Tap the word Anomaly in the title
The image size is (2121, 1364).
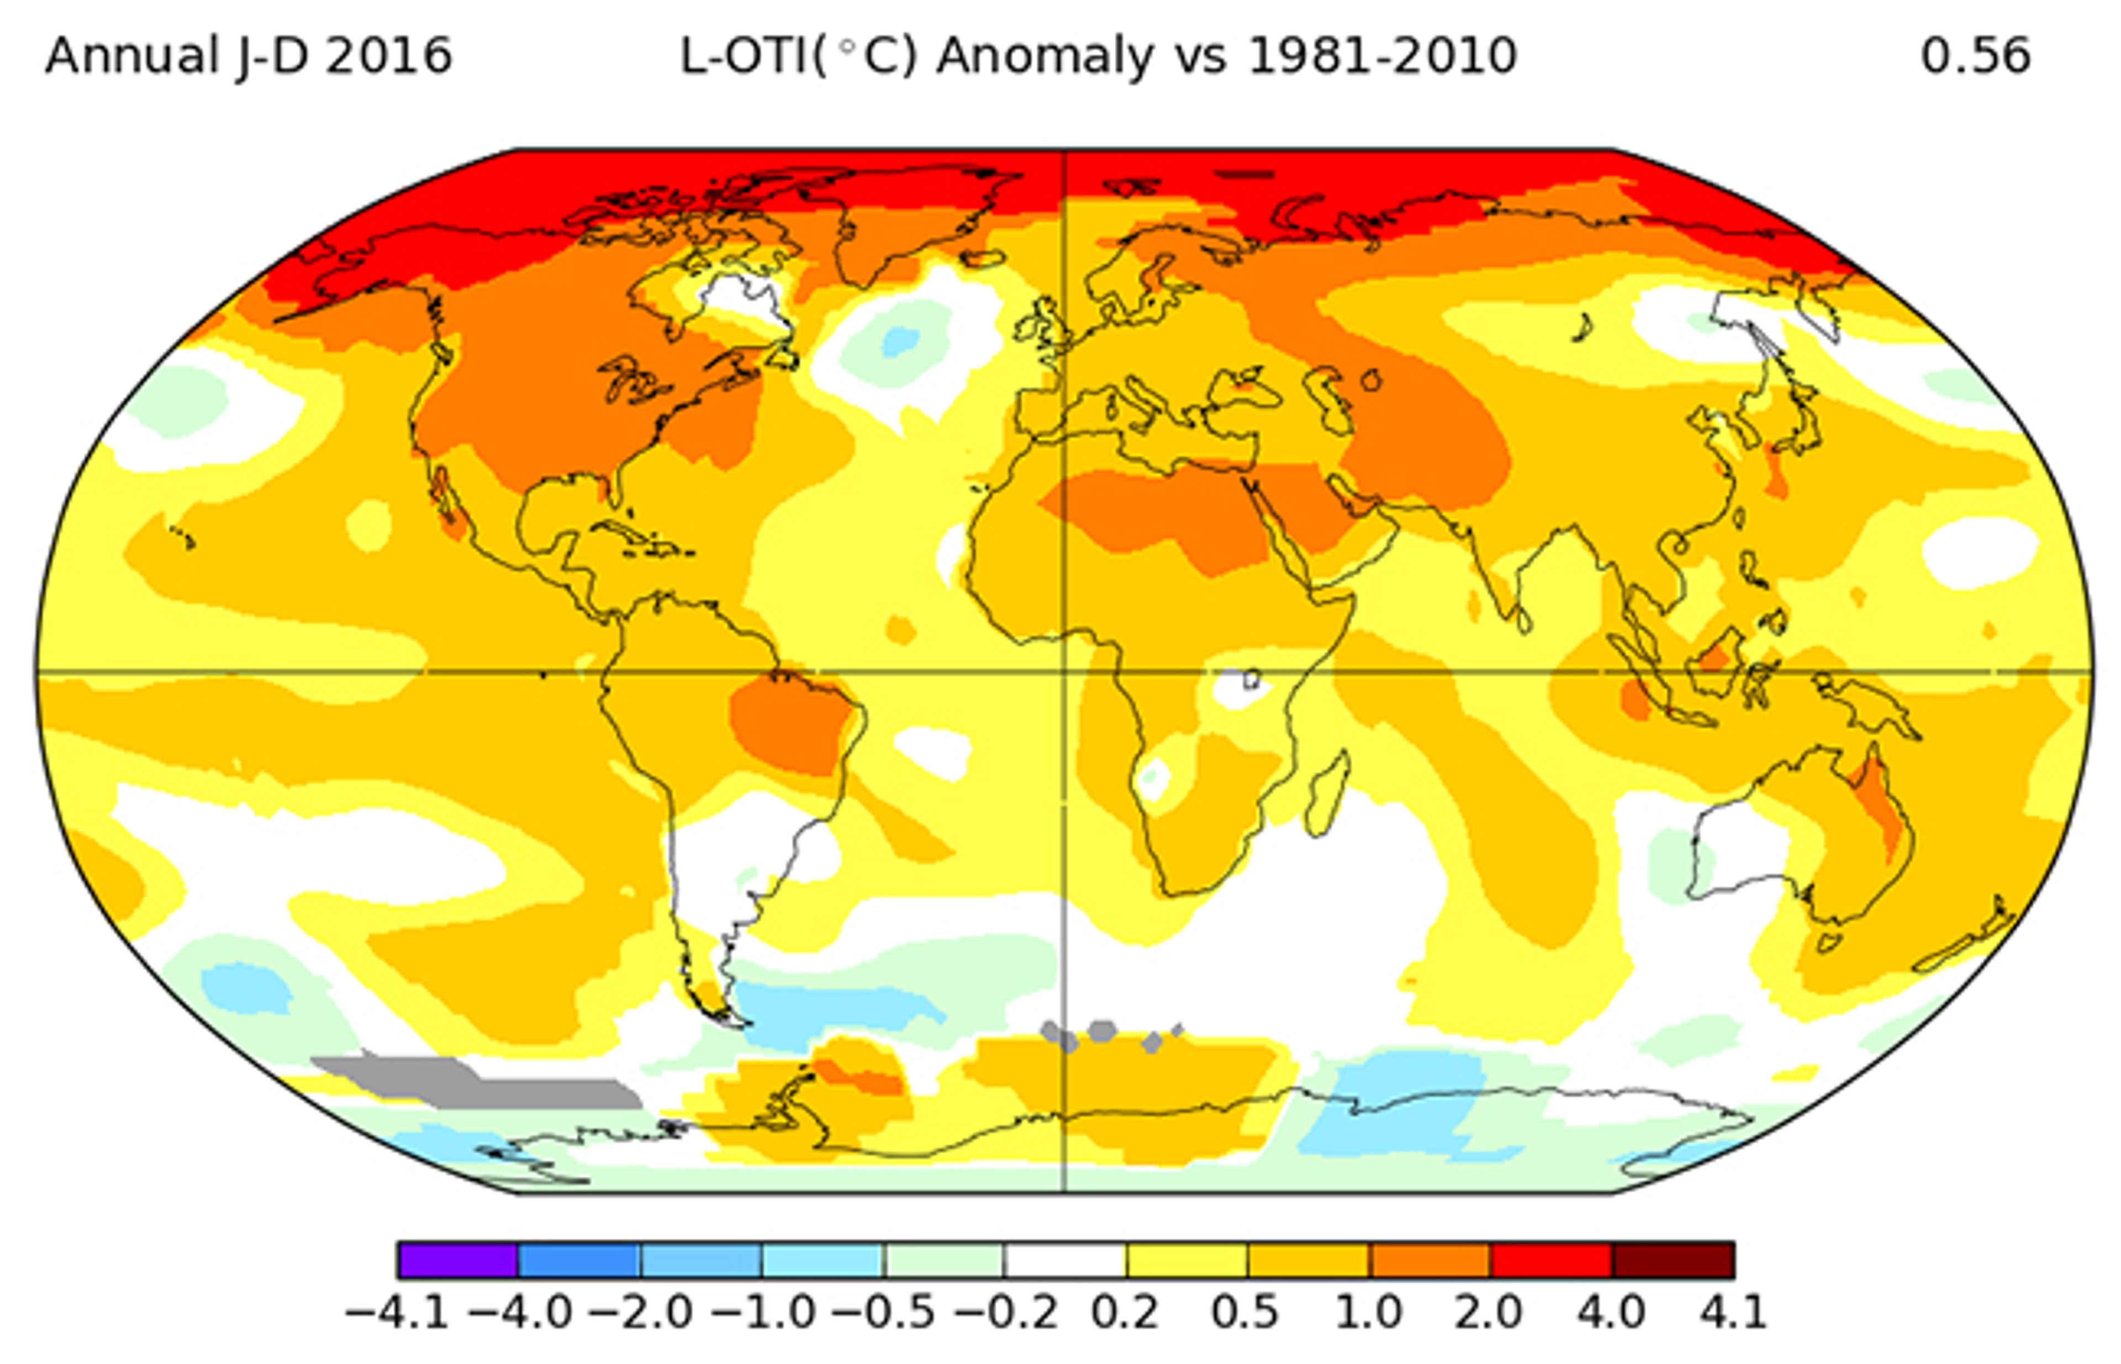1045,57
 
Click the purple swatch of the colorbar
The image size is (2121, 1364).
458,1260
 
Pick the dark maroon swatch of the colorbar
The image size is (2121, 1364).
1672,1260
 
